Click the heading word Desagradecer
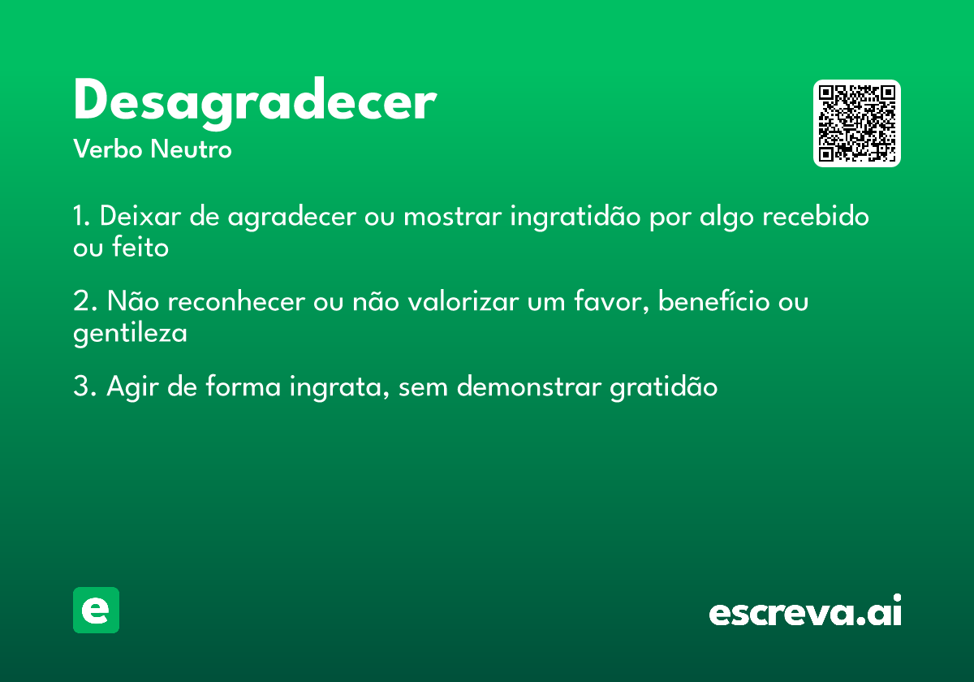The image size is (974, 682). point(255,103)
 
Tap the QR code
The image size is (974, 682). point(857,123)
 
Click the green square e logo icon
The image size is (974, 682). point(96,610)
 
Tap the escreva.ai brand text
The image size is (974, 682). point(805,612)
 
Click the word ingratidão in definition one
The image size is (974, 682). point(573,218)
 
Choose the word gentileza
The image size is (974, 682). point(130,333)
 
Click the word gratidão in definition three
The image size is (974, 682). point(663,387)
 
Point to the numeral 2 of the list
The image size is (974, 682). point(80,302)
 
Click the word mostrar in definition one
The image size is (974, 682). point(450,218)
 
